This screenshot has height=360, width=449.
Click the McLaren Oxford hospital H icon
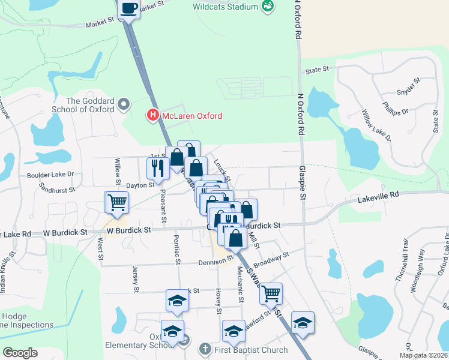tap(153, 115)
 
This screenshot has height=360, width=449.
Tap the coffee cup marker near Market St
tap(129, 8)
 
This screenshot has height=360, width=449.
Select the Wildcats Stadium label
tap(226, 7)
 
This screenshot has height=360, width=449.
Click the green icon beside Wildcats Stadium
tap(268, 7)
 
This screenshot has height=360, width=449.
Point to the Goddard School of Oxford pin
tap(124, 105)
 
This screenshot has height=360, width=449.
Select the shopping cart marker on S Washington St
tap(271, 293)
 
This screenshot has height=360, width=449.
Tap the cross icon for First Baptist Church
tap(204, 349)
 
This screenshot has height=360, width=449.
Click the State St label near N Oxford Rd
tap(317, 70)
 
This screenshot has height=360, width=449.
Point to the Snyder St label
tap(406, 88)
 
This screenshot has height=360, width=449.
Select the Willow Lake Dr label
tap(376, 125)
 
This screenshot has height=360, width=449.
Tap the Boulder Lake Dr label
tap(50, 175)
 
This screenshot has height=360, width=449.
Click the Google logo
tap(20, 353)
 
